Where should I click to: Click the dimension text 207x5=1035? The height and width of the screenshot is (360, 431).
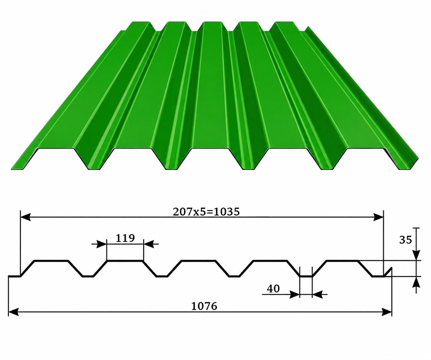pyautogui.click(x=206, y=212)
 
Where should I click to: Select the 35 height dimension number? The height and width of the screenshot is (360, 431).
pyautogui.click(x=406, y=240)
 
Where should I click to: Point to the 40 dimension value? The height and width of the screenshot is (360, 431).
pyautogui.click(x=273, y=289)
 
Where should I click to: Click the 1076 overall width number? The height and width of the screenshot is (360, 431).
pyautogui.click(x=204, y=306)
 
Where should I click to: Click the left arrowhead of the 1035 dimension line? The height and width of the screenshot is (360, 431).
pyautogui.click(x=26, y=217)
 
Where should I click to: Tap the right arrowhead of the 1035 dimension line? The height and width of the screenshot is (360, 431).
pyautogui.click(x=378, y=217)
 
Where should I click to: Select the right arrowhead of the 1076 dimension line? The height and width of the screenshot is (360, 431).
pyautogui.click(x=386, y=312)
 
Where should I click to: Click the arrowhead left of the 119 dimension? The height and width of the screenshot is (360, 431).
pyautogui.click(x=102, y=244)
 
